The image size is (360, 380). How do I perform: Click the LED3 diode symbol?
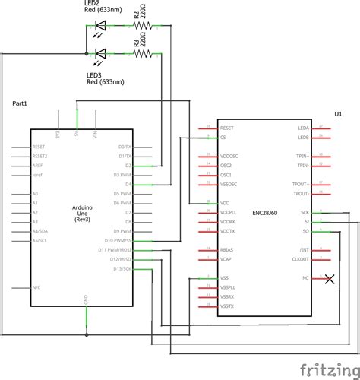[100, 53]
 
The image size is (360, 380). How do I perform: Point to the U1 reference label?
[338, 113]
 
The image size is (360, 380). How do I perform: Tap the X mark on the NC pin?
[329, 279]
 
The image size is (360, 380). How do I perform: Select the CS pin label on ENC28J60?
[223, 138]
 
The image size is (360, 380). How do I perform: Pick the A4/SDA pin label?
[41, 231]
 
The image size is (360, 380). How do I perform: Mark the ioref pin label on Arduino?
[37, 174]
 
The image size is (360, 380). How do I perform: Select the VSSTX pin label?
[228, 306]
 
